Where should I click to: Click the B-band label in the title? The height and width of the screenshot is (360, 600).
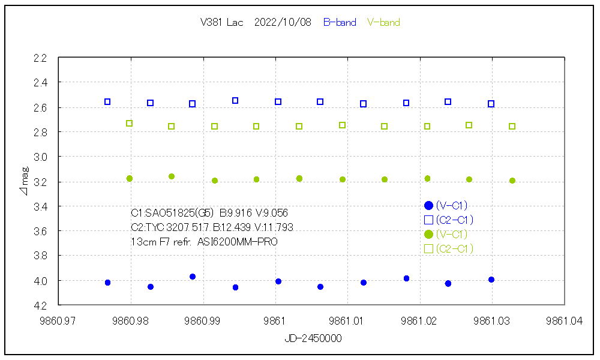[340, 23]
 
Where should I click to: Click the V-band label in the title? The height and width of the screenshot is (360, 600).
[383, 23]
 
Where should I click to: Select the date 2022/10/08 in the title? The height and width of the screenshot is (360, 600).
[283, 23]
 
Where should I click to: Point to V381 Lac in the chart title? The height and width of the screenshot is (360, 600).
[222, 23]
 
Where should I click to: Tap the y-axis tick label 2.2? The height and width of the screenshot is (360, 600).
[40, 58]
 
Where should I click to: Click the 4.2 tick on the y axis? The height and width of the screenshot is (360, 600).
[40, 305]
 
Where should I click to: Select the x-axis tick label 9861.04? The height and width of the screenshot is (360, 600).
[565, 321]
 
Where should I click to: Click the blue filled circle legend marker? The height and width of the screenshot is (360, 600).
[428, 206]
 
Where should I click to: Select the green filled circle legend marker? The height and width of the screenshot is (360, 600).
[428, 235]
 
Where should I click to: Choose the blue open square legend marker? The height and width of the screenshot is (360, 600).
[428, 220]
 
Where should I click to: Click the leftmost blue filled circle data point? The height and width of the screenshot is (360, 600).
[107, 283]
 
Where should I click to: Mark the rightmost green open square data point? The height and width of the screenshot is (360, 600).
[512, 127]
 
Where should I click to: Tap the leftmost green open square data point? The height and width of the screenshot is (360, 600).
[129, 124]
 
